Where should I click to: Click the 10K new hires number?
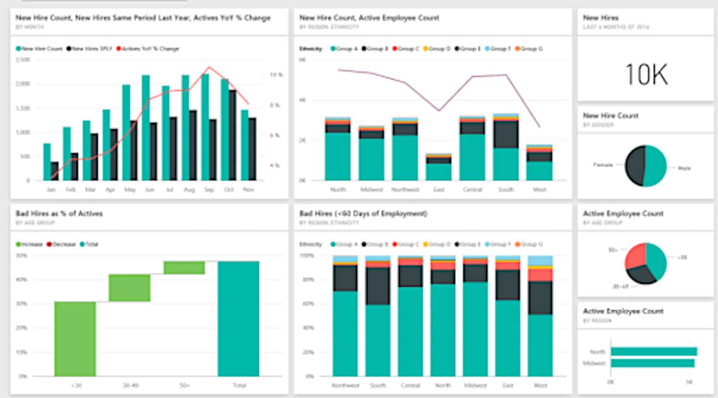click(x=646, y=75)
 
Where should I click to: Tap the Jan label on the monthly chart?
click(x=51, y=189)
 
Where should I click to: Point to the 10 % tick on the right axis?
click(x=276, y=75)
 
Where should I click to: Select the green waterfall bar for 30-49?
click(x=129, y=288)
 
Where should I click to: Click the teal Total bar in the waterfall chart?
click(x=239, y=319)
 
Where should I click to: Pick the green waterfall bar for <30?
click(x=75, y=339)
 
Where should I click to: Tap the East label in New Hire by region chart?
click(x=439, y=189)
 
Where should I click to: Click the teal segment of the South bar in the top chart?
click(x=505, y=164)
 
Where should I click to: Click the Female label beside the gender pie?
click(x=603, y=165)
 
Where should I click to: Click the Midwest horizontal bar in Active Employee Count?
click(x=652, y=363)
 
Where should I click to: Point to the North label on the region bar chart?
click(x=597, y=352)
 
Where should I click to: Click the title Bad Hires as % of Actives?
click(x=59, y=213)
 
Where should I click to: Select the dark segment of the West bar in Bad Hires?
click(x=540, y=298)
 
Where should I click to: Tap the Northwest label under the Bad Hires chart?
click(x=345, y=385)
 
